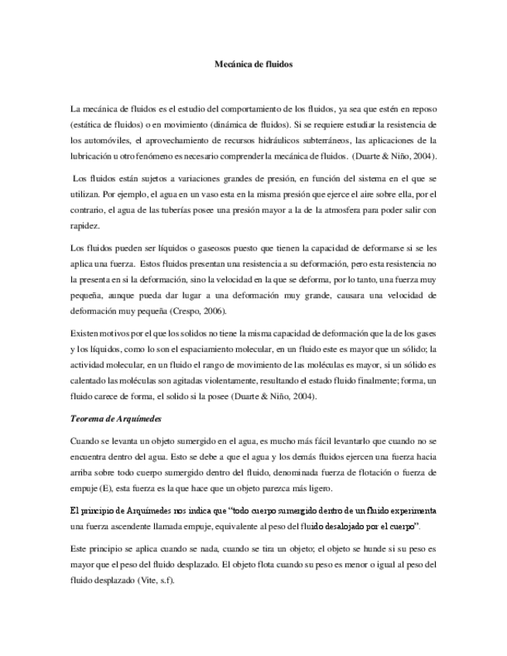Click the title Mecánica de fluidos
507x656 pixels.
pos(253,67)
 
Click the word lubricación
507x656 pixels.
pos(93,156)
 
